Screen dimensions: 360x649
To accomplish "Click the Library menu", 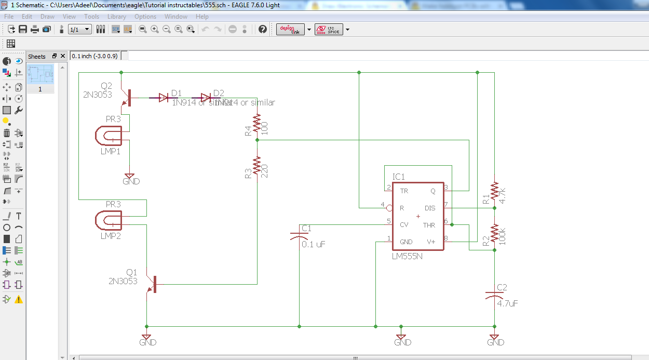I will [x=117, y=17].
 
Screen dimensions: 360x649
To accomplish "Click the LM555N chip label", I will [x=407, y=256].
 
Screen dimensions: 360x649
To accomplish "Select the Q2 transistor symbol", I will [x=126, y=98].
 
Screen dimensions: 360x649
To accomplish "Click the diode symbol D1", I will [x=164, y=97].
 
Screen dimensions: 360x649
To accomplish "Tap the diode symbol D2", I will [x=206, y=97].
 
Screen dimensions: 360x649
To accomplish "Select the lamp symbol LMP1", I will [x=109, y=137].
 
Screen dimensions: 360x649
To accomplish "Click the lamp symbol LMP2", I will [x=109, y=221].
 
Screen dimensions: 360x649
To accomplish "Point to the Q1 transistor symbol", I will [x=152, y=285].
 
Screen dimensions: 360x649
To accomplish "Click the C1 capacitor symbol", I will [x=300, y=236].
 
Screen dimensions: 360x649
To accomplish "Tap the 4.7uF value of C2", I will [x=507, y=303].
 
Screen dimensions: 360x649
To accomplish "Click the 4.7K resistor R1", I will [x=494, y=193].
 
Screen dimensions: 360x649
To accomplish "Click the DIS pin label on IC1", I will [x=430, y=208].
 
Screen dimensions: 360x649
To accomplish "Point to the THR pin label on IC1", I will [x=429, y=225].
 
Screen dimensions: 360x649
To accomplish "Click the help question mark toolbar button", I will [x=263, y=29].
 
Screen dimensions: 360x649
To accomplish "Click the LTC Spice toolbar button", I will [x=329, y=29].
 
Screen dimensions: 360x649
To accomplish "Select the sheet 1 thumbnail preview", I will [x=40, y=74].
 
